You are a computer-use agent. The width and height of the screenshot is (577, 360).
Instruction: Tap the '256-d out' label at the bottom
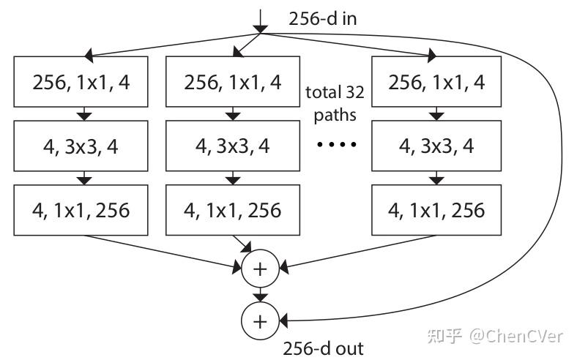click(322, 348)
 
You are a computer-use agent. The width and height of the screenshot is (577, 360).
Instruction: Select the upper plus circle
click(259, 269)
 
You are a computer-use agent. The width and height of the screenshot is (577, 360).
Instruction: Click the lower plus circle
click(259, 320)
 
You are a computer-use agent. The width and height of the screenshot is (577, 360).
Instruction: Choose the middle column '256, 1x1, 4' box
click(232, 82)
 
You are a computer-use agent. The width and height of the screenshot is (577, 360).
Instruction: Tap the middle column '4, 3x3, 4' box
click(232, 146)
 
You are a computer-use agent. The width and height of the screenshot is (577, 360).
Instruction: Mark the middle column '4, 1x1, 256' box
click(232, 211)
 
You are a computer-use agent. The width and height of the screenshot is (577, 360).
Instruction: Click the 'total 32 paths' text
click(335, 103)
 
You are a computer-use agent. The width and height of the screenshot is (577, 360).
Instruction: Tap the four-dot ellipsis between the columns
click(336, 145)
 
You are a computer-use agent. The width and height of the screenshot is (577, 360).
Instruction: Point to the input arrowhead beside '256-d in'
click(259, 28)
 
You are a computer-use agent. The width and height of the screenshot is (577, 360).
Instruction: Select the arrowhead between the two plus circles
click(259, 296)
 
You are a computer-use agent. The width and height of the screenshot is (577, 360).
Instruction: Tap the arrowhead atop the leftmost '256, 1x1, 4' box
click(89, 56)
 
